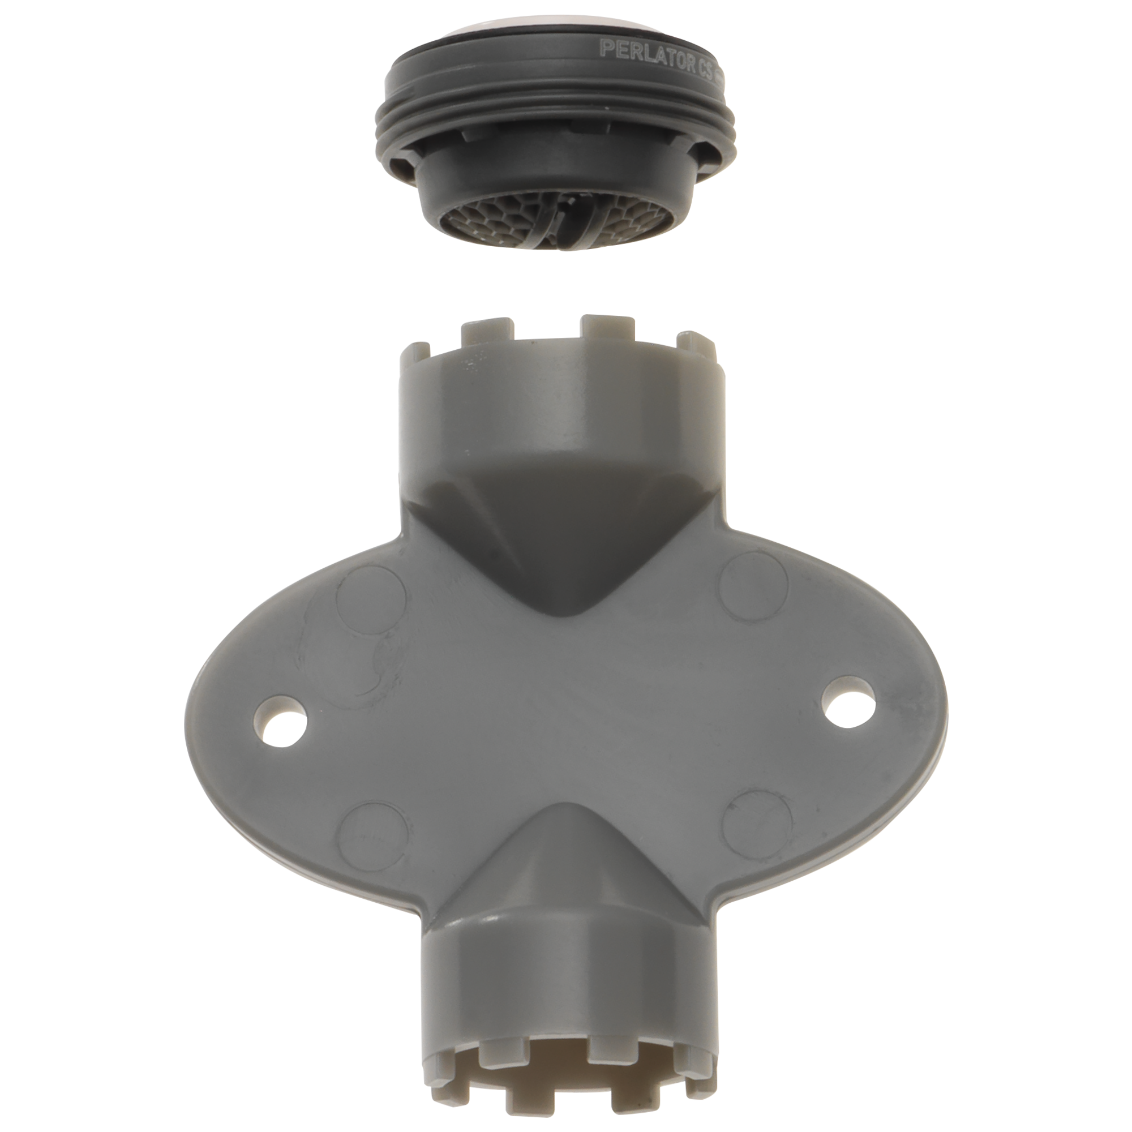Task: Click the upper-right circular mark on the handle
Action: [753, 587]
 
